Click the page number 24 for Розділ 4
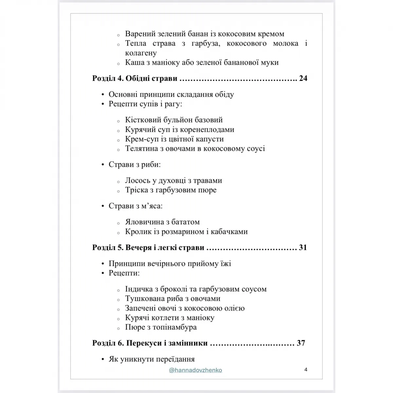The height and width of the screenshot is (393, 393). coord(303,79)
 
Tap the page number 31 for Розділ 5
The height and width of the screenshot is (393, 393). coord(303,248)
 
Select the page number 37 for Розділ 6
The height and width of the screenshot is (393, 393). coord(301,343)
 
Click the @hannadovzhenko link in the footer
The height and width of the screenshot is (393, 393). coord(196,370)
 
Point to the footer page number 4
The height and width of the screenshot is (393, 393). coord(306,370)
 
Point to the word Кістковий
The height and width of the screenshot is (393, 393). coord(142,120)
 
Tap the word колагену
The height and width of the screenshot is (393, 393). coord(141,53)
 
